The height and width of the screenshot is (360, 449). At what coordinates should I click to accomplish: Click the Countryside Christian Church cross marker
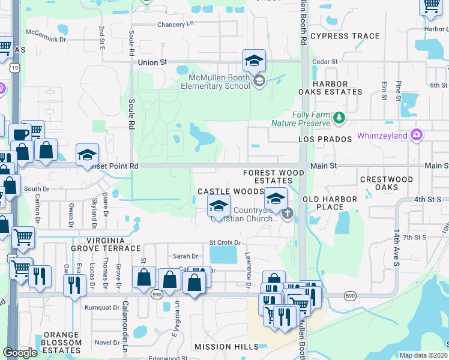pyautogui.click(x=288, y=213)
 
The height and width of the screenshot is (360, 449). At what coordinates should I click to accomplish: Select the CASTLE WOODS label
pyautogui.click(x=231, y=191)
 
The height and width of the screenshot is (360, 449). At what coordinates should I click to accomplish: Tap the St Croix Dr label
pyautogui.click(x=224, y=242)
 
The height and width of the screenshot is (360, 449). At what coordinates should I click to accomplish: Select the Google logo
pyautogui.click(x=20, y=353)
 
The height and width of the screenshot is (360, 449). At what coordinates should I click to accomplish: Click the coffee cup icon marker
pyautogui.click(x=20, y=134)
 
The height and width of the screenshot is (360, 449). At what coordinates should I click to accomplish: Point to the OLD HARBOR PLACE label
pyautogui.click(x=331, y=203)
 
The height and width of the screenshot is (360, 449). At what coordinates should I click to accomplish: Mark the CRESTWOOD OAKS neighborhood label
pyautogui.click(x=387, y=183)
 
